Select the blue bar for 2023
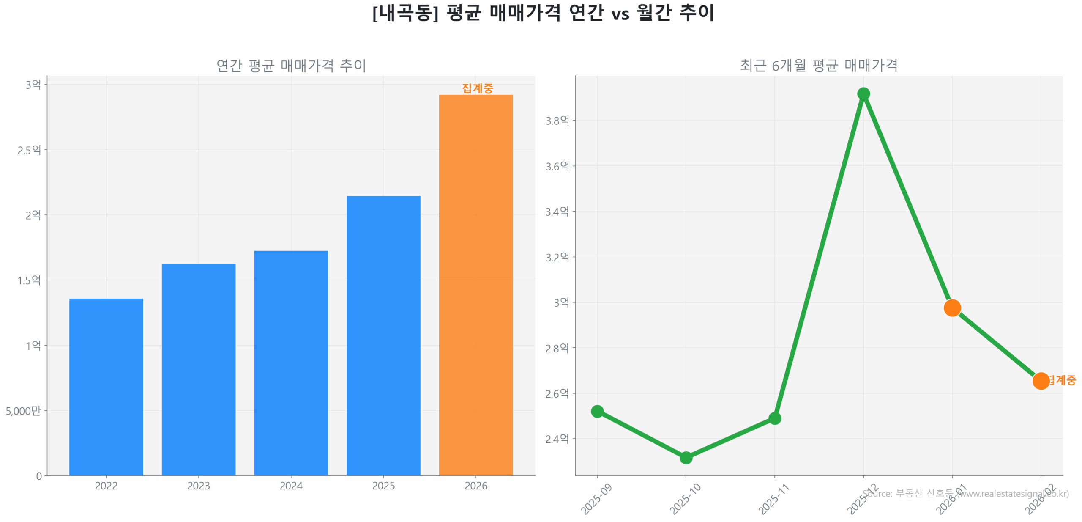click(x=198, y=369)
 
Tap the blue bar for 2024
click(x=291, y=363)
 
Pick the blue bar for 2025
click(x=383, y=335)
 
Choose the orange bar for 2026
click(x=475, y=284)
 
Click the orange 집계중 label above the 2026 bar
click(x=477, y=88)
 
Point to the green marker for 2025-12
click(x=863, y=93)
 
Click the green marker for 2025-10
click(x=686, y=457)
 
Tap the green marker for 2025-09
click(x=597, y=411)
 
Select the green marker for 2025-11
click(x=774, y=418)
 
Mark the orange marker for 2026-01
click(x=952, y=308)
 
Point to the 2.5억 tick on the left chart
click(x=29, y=150)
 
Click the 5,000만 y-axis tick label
click(x=23, y=410)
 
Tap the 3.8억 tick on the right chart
click(x=557, y=121)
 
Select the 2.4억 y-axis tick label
click(x=557, y=439)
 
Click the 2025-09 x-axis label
click(x=596, y=499)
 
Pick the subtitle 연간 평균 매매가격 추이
click(x=291, y=65)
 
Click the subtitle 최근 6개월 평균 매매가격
click(x=818, y=65)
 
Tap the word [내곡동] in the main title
click(x=405, y=13)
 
